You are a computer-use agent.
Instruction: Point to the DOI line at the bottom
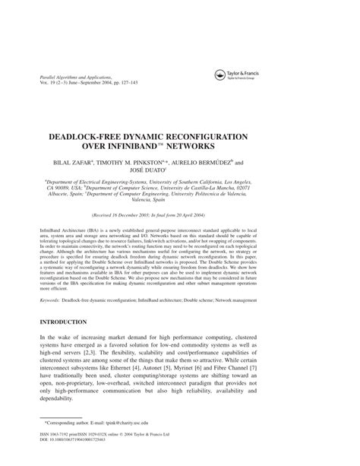[80, 458]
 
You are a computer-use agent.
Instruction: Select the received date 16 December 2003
[154, 216]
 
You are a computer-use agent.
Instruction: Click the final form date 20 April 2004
[227, 216]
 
